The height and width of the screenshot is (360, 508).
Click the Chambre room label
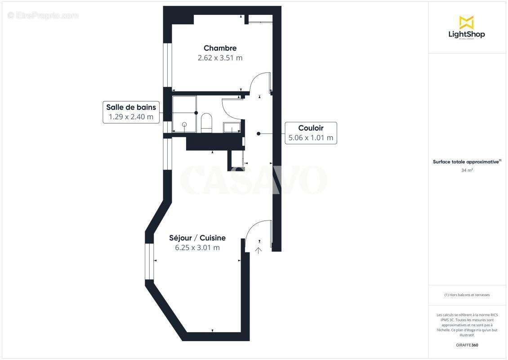[x=220, y=48]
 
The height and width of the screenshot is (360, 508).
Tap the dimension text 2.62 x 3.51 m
[x=220, y=58]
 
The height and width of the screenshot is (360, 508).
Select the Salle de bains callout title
[x=131, y=107]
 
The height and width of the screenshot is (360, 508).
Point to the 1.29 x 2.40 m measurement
[x=131, y=117]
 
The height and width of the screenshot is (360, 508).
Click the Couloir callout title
[x=311, y=128]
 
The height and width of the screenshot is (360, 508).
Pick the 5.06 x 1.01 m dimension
[x=311, y=138]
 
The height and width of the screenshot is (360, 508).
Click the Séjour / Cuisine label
[x=197, y=238]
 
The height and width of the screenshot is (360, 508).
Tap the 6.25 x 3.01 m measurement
[x=197, y=247]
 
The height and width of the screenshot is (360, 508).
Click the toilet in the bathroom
[x=206, y=123]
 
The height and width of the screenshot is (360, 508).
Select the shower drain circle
[x=184, y=124]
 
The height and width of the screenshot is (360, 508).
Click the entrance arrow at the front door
[x=259, y=249]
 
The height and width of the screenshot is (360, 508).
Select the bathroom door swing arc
[x=230, y=106]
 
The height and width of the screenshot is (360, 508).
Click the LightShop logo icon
[x=466, y=22]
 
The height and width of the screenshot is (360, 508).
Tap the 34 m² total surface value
[x=466, y=171]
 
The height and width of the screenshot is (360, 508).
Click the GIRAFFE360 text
[x=466, y=345]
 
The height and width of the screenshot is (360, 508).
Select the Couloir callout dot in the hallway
[x=258, y=133]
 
